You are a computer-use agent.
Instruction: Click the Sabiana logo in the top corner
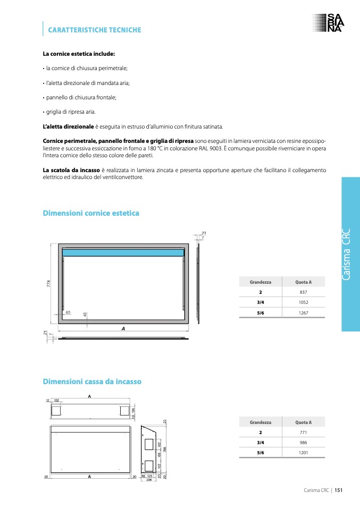[x=328, y=23]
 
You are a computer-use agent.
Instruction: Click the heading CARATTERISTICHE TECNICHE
[x=95, y=30]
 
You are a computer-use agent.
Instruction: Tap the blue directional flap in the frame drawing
[x=123, y=252]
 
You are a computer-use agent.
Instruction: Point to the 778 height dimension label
[x=48, y=284]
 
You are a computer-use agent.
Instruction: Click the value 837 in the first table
[x=303, y=292]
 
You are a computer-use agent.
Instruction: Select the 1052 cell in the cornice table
[x=303, y=302]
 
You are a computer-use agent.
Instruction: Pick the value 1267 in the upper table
[x=303, y=312]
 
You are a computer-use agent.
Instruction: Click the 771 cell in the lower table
[x=303, y=433]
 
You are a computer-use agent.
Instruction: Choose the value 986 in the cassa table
[x=303, y=443]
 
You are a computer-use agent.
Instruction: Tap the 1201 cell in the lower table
[x=303, y=453]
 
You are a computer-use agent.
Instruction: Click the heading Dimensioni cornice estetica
[x=91, y=213]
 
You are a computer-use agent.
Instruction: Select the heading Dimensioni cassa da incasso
[x=92, y=381]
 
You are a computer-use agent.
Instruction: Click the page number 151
[x=338, y=490]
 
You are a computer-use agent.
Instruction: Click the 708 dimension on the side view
[x=164, y=449]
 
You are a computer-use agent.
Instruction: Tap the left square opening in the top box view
[x=56, y=410]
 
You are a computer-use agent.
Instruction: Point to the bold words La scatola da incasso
[x=71, y=170]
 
